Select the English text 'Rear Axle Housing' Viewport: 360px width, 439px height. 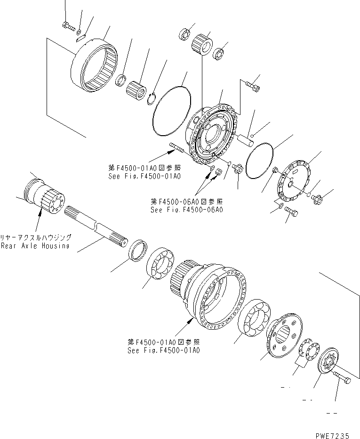click(35, 246)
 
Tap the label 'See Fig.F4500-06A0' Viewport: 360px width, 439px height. click(187, 210)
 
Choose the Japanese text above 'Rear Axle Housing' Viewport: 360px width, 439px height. click(36, 237)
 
